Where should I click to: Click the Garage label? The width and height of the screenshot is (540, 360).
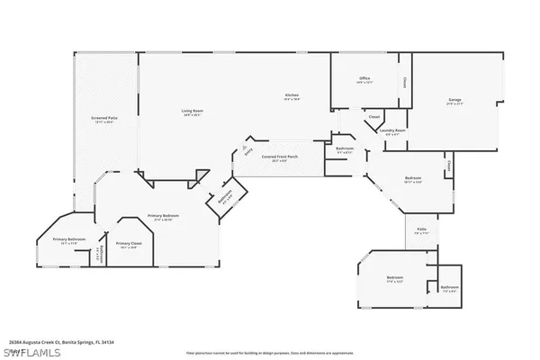click(455, 100)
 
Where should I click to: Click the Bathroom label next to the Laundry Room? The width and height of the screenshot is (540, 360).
click(346, 149)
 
